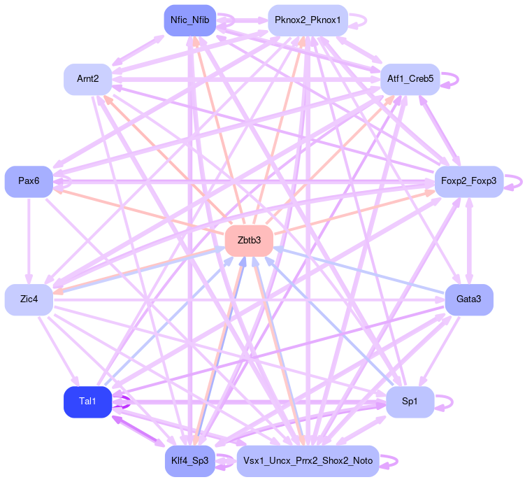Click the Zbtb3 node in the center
click(x=248, y=241)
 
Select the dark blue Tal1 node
click(x=87, y=402)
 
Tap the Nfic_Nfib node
click(x=189, y=20)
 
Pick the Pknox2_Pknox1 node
click(x=308, y=20)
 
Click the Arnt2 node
click(x=88, y=79)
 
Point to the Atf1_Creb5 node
click(x=410, y=79)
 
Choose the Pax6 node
click(x=29, y=181)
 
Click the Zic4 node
click(x=29, y=299)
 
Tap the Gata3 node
click(x=469, y=299)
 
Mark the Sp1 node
click(x=410, y=402)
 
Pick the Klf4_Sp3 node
click(x=189, y=460)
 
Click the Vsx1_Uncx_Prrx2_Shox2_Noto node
click(x=308, y=460)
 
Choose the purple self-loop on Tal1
click(x=128, y=402)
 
